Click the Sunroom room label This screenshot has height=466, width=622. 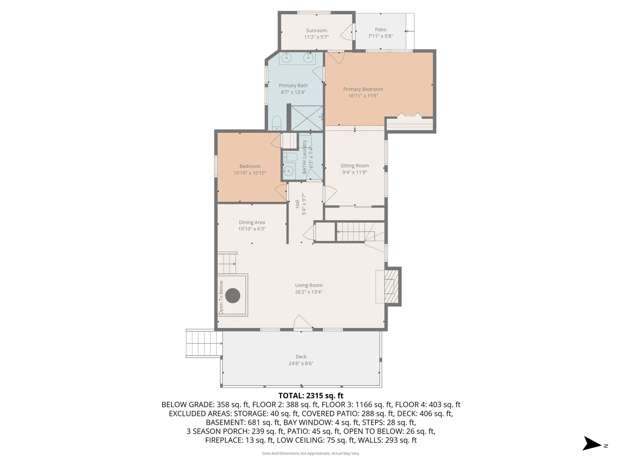pyautogui.click(x=316, y=30)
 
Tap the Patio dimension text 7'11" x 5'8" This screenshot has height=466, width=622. pyautogui.click(x=380, y=36)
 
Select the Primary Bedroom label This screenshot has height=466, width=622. pyautogui.click(x=363, y=89)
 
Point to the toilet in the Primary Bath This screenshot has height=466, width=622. pyautogui.click(x=276, y=123)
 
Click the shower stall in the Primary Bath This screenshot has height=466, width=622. pyautogui.click(x=307, y=118)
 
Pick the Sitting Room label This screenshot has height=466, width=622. pyautogui.click(x=354, y=165)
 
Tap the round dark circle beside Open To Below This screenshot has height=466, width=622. pyautogui.click(x=233, y=295)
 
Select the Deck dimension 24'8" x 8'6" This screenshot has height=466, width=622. pyautogui.click(x=301, y=363)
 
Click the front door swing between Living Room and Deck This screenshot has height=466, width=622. pyautogui.click(x=303, y=323)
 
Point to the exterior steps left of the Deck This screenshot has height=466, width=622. pyautogui.click(x=204, y=343)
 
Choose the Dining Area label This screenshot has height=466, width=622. pyautogui.click(x=252, y=222)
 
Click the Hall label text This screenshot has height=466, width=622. pyautogui.click(x=297, y=204)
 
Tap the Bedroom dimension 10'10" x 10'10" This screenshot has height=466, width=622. pyautogui.click(x=250, y=173)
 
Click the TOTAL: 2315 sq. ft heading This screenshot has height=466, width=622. pyautogui.click(x=311, y=396)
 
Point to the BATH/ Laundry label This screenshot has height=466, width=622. pyautogui.click(x=305, y=157)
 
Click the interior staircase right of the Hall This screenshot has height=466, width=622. pyautogui.click(x=356, y=232)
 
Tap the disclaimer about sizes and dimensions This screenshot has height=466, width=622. pyautogui.click(x=311, y=453)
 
